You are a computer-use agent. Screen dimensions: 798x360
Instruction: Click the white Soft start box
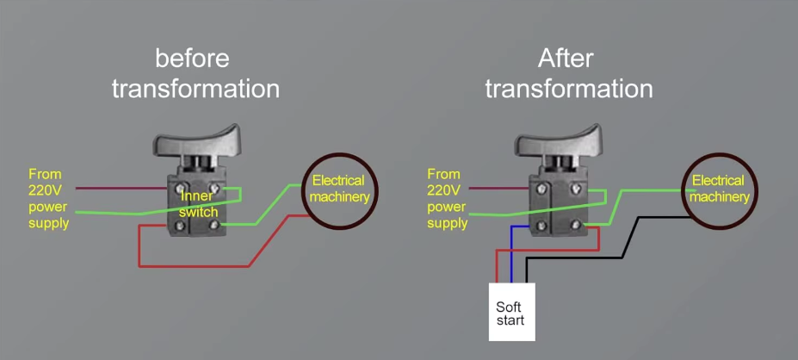point(512,312)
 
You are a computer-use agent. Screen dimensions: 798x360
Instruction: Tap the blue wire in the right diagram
point(512,255)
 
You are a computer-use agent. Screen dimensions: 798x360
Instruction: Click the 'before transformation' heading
point(195,74)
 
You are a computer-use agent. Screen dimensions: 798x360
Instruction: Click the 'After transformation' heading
point(569,74)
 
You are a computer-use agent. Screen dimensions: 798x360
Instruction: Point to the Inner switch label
point(199,203)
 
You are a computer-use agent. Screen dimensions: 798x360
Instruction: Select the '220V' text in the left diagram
point(45,190)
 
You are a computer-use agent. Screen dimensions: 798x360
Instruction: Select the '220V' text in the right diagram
point(444,190)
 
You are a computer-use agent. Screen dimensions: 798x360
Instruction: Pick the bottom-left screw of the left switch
point(180,226)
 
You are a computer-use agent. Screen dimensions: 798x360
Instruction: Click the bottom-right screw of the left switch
point(214,224)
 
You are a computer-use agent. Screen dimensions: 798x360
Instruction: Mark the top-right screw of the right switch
point(576,189)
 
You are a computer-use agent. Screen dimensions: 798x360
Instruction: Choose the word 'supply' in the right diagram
point(448,223)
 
